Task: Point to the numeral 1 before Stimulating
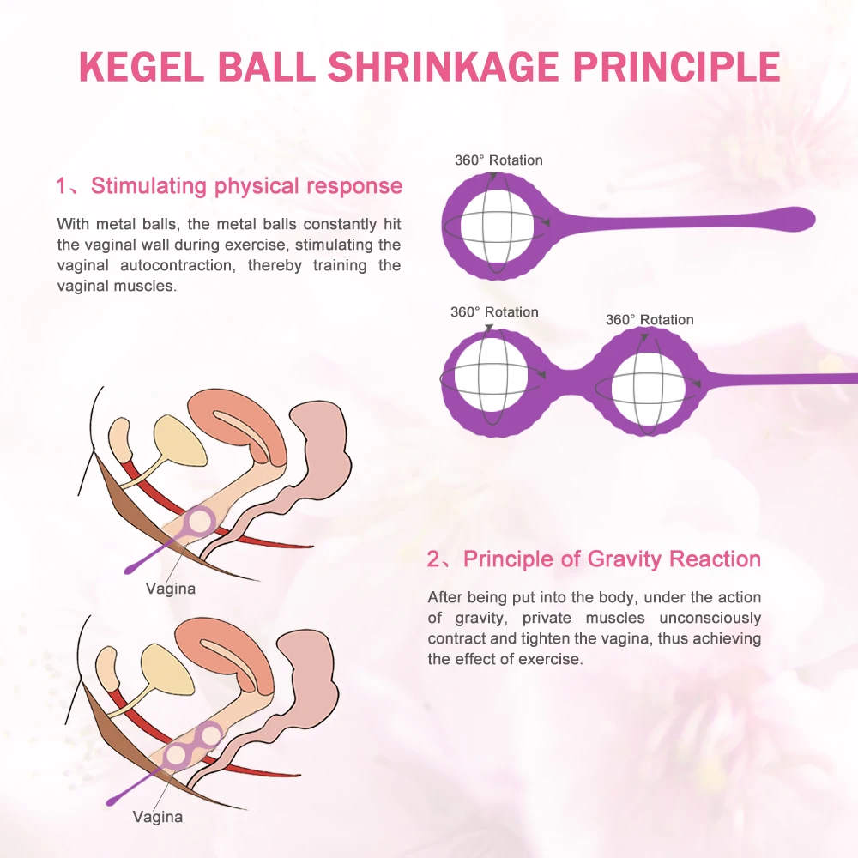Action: pos(62,186)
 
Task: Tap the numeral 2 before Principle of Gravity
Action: pos(434,560)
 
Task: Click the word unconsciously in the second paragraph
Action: pos(716,618)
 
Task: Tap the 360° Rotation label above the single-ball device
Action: pos(498,160)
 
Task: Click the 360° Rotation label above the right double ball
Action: pos(650,320)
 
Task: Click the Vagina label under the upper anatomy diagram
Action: pos(170,589)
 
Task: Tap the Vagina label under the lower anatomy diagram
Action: pos(158,817)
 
